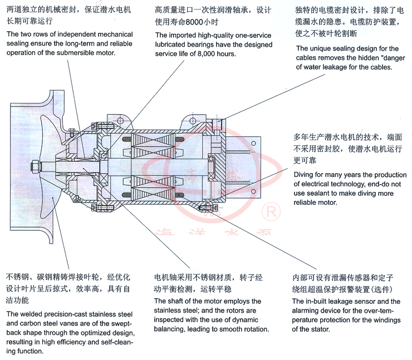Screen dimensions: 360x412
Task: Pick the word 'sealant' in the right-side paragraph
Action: tap(321, 194)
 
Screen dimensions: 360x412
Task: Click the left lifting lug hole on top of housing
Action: tap(119, 120)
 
